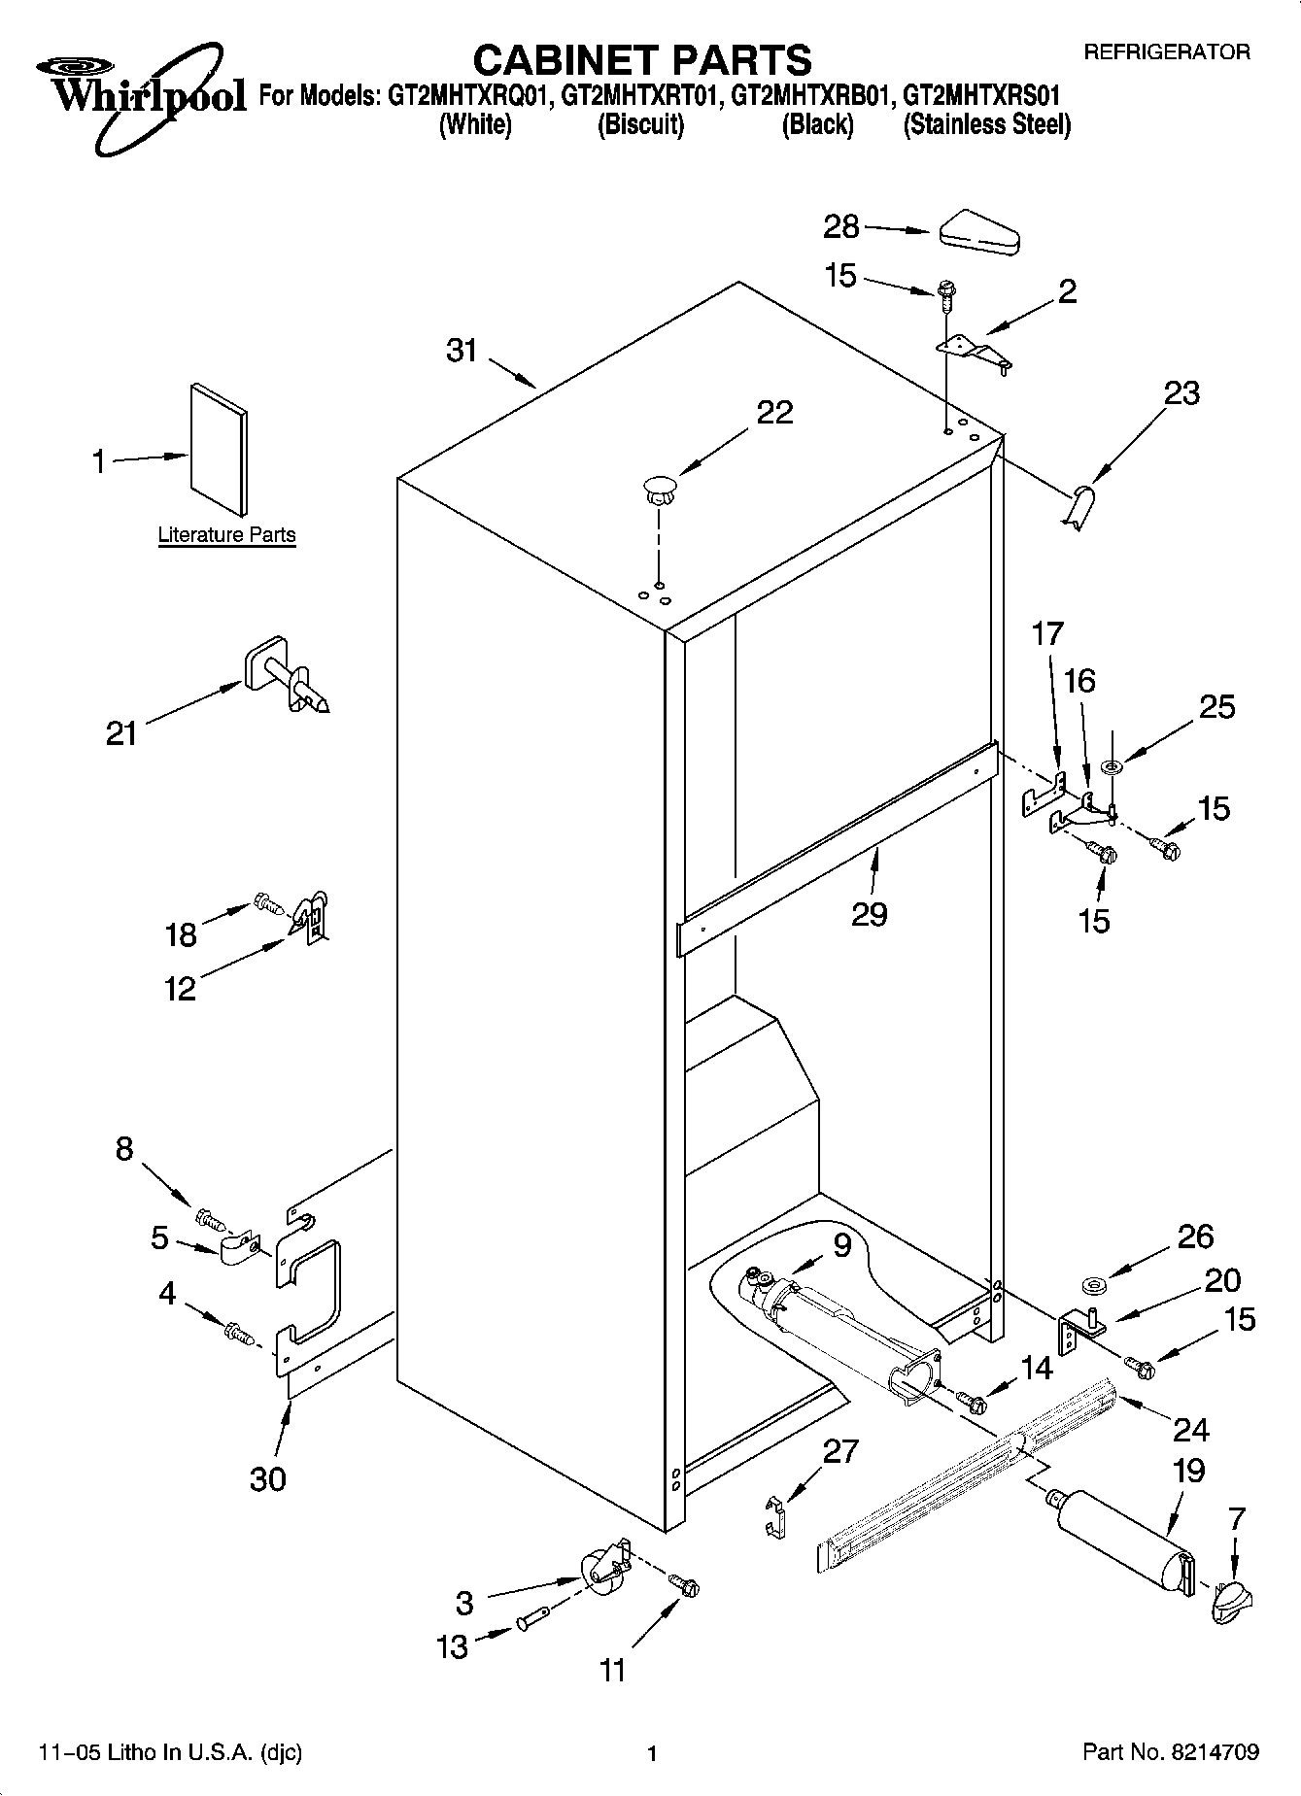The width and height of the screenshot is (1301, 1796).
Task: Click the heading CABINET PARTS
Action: (x=641, y=60)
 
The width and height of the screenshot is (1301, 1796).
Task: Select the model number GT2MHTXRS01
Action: (x=981, y=96)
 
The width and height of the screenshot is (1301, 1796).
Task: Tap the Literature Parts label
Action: (x=226, y=535)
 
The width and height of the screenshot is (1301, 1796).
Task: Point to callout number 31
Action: (x=462, y=351)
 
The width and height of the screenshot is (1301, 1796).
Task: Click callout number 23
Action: (x=1181, y=393)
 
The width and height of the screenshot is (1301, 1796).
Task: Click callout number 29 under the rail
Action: (x=869, y=914)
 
